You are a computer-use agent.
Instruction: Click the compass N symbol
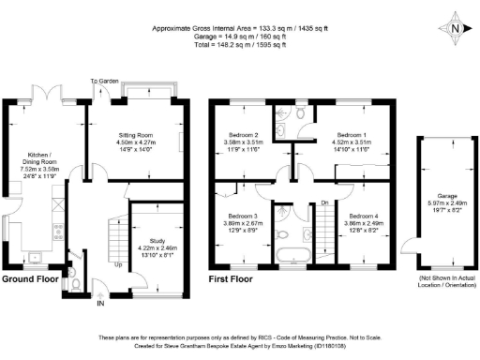pyautogui.click(x=454, y=27)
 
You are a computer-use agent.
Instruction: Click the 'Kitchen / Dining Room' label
pyautogui.click(x=29, y=157)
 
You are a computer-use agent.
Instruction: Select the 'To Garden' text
pyautogui.click(x=103, y=82)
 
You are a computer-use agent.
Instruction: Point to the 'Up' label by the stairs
pyautogui.click(x=117, y=265)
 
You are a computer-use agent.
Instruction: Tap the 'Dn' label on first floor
pyautogui.click(x=324, y=202)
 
